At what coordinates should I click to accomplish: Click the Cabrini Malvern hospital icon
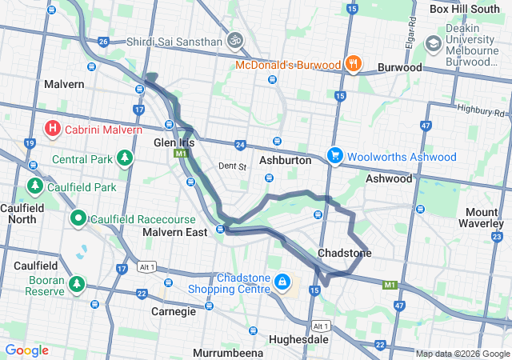coord(53,128)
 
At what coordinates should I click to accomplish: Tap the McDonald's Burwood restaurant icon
coord(353,63)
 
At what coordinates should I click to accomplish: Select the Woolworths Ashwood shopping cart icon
coord(334,155)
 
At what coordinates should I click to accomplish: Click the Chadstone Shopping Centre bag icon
coord(282,282)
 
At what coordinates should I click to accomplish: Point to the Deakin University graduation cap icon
coord(434,42)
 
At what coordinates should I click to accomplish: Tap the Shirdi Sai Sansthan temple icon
coord(234,38)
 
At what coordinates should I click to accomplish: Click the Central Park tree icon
coord(124,158)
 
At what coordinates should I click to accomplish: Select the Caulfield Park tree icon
coord(34,186)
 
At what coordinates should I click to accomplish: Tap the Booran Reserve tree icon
coord(78,284)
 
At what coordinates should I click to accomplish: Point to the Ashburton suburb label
coord(286,160)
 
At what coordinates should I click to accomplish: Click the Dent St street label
coord(232,166)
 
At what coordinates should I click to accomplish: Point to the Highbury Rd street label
coord(480,108)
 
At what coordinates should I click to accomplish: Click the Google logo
coord(27,350)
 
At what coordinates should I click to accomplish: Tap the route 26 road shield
coord(102,42)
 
